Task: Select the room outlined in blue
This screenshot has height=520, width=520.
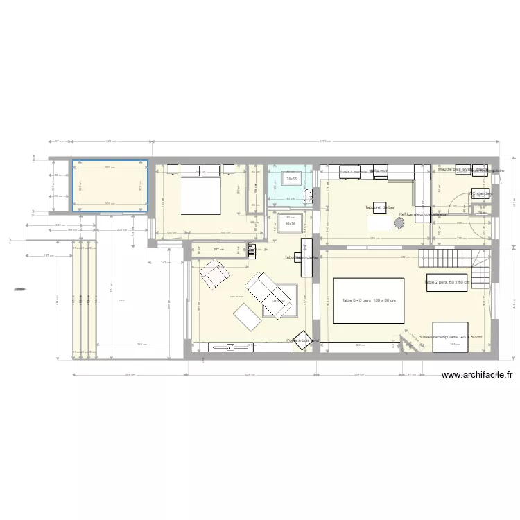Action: [x=111, y=186]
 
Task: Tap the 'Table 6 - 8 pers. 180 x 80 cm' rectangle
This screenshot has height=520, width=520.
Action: [x=368, y=300]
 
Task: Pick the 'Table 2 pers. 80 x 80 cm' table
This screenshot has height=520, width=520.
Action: [x=447, y=282]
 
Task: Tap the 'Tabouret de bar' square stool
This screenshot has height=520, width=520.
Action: [x=379, y=207]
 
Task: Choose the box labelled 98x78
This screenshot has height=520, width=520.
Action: [x=291, y=223]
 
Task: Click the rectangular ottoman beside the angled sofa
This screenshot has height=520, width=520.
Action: [x=246, y=318]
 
